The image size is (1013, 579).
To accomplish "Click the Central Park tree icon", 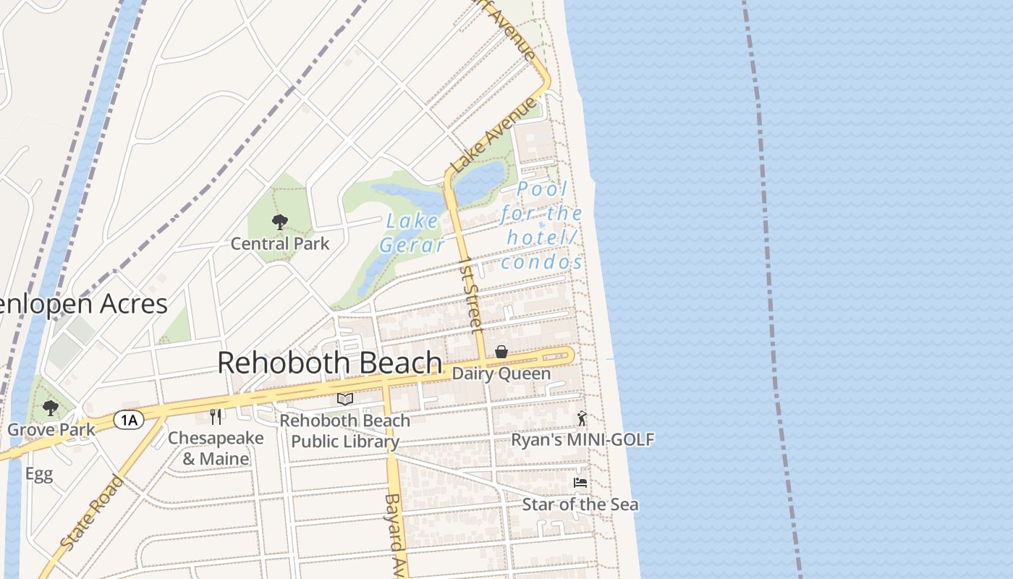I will (279, 222).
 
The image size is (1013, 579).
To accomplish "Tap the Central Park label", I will (280, 244).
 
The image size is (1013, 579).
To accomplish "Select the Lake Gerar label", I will (412, 233).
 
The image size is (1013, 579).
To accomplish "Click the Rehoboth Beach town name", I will (330, 363).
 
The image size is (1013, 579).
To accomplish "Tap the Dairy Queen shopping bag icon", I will (501, 352).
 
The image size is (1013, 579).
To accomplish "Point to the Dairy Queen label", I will (501, 374).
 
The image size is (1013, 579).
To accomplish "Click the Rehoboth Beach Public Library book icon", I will (345, 400).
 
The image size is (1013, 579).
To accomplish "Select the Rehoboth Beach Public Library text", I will (344, 431).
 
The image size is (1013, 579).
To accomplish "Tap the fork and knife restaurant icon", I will (216, 417).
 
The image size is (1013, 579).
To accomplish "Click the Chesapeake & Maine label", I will (216, 448).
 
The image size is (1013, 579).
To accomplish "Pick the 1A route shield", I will (129, 420).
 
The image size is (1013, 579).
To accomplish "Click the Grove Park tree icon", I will (50, 408).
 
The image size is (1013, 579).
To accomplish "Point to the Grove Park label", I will (51, 430).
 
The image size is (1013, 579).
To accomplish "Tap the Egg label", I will (39, 474).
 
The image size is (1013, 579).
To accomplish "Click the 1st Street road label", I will (471, 295).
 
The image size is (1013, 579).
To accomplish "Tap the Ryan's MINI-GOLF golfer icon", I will (582, 418).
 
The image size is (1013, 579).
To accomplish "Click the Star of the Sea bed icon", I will (580, 483).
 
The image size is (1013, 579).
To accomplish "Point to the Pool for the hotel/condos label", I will (541, 225).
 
